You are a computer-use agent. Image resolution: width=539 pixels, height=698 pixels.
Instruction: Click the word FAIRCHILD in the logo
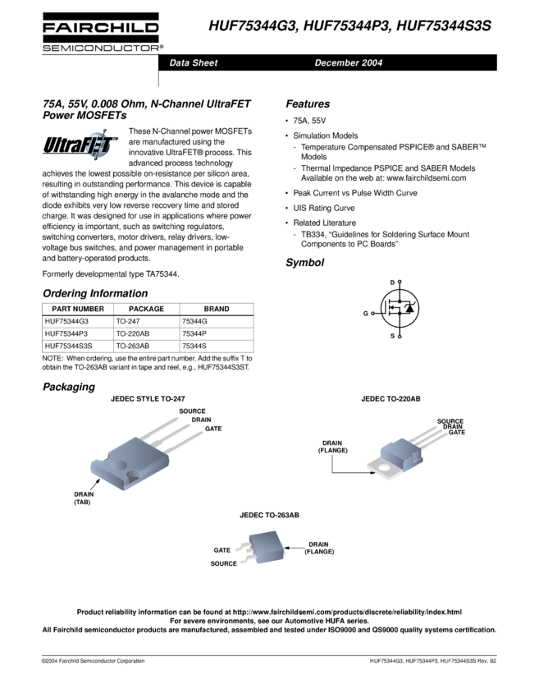click(x=103, y=30)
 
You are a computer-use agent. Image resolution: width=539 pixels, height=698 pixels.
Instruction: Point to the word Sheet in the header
click(x=204, y=63)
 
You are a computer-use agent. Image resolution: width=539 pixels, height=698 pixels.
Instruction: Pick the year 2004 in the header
click(x=371, y=63)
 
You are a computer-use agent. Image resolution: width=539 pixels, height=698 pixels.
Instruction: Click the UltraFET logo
click(x=81, y=145)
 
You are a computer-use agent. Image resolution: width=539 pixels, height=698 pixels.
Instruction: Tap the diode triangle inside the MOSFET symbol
click(x=410, y=308)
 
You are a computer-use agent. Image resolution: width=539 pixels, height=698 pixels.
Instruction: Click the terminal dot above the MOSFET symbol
click(x=400, y=282)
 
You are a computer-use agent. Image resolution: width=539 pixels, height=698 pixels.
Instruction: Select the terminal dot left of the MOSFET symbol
click(x=373, y=313)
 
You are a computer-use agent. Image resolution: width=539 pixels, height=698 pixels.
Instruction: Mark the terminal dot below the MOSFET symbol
click(x=400, y=336)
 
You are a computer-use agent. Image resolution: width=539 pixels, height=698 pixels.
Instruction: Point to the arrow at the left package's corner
click(x=95, y=485)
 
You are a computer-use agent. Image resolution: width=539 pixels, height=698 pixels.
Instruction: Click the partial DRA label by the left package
click(x=198, y=420)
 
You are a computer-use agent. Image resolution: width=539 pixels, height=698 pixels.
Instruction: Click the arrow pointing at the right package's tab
click(x=369, y=473)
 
